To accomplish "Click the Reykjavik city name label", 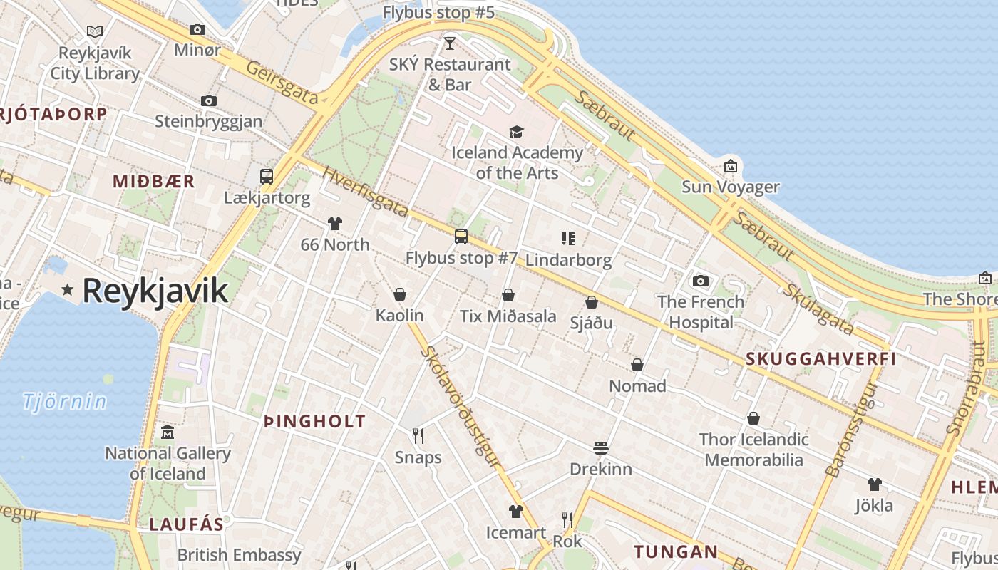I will [x=155, y=291].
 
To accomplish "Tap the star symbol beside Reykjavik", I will [x=68, y=289].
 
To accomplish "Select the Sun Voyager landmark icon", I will [x=731, y=166].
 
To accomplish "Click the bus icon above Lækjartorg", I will [x=267, y=177].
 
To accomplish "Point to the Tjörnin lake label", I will [x=64, y=402].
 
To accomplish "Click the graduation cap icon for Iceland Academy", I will [x=516, y=132].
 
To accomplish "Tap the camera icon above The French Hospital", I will [x=701, y=281].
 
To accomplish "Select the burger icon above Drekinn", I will [x=601, y=448].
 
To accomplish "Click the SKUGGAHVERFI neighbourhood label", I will [x=820, y=359].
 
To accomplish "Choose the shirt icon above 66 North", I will [x=335, y=224].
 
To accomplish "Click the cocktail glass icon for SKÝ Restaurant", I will [x=449, y=43].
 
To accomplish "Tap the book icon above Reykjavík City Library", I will [x=95, y=31].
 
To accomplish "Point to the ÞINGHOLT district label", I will [x=314, y=421].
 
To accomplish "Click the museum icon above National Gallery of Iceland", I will [x=168, y=432].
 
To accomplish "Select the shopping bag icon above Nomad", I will [x=637, y=365].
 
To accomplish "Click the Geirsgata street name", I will [x=282, y=82].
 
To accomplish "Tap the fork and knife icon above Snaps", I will [x=418, y=435].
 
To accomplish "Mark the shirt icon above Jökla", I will [x=875, y=484].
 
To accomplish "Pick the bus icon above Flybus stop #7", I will [x=461, y=237].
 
